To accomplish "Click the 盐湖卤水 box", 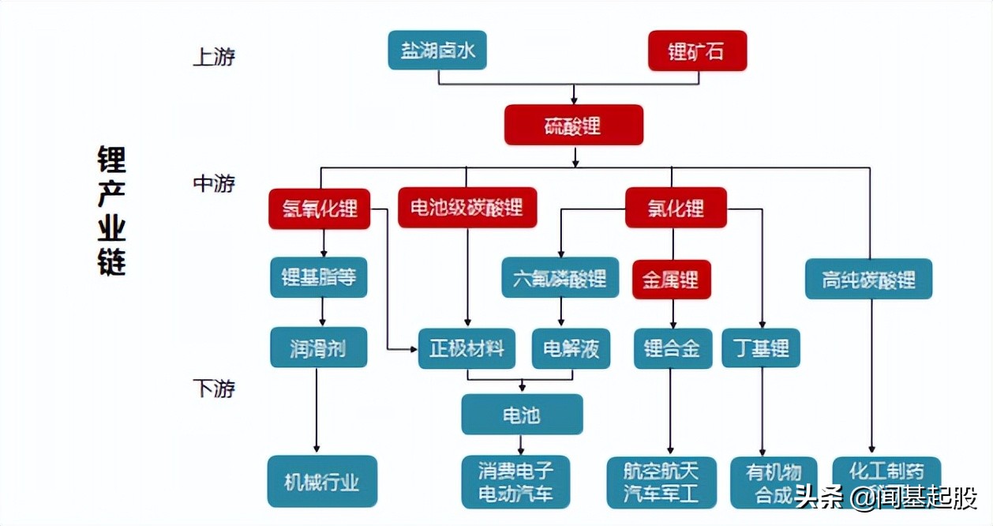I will point(437,51).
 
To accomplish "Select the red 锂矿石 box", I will point(697,51).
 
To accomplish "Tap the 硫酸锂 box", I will point(574,125).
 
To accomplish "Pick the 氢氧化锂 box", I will point(319,209).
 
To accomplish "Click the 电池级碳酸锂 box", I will point(467,208).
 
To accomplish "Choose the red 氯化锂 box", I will point(676,208).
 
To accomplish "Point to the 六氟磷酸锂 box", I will point(560,278).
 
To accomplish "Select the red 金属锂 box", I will point(671,279).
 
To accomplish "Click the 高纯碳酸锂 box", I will point(868,279).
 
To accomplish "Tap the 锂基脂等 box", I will point(319,277).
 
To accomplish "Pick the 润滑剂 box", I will point(318,348).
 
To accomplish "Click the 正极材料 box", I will point(467,348).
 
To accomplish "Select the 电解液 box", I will point(571,348).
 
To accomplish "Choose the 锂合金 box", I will point(673,348).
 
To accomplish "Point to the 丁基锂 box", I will point(761,348).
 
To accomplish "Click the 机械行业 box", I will point(322,481).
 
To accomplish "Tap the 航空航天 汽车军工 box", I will point(661,483).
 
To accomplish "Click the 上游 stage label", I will point(214,58).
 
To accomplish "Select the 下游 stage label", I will point(214,389).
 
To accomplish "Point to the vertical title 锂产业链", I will point(111,209).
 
